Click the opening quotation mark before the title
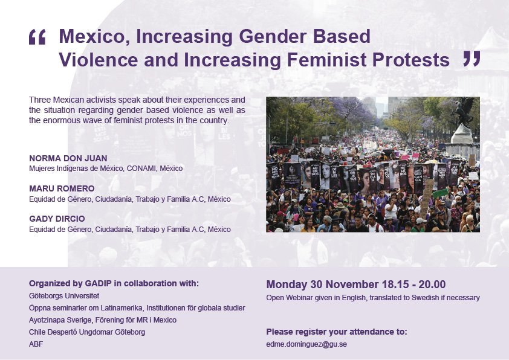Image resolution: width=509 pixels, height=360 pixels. (37, 37)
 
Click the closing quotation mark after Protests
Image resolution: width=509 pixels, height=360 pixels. (472, 59)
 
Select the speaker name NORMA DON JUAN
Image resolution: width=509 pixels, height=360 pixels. (68, 158)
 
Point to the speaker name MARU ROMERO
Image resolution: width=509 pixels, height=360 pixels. (62, 188)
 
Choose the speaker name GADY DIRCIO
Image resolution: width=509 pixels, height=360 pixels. (57, 219)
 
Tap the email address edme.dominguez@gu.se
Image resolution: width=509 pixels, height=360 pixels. (306, 344)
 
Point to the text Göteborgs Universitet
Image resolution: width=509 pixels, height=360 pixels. (64, 296)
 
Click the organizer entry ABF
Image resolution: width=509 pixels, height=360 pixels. (36, 344)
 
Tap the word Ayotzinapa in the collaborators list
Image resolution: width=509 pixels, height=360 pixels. (44, 320)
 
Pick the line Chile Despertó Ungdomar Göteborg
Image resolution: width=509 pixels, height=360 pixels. (87, 332)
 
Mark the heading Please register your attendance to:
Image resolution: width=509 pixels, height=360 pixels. (337, 332)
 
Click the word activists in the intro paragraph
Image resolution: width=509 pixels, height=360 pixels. (100, 100)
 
